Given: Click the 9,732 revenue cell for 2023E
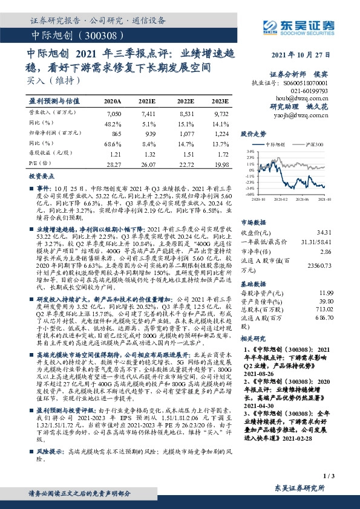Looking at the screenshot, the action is pyautogui.click(x=220, y=113).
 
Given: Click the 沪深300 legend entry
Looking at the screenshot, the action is pyautogui.click(x=315, y=145).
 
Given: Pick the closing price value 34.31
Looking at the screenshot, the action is pyautogui.click(x=324, y=232).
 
